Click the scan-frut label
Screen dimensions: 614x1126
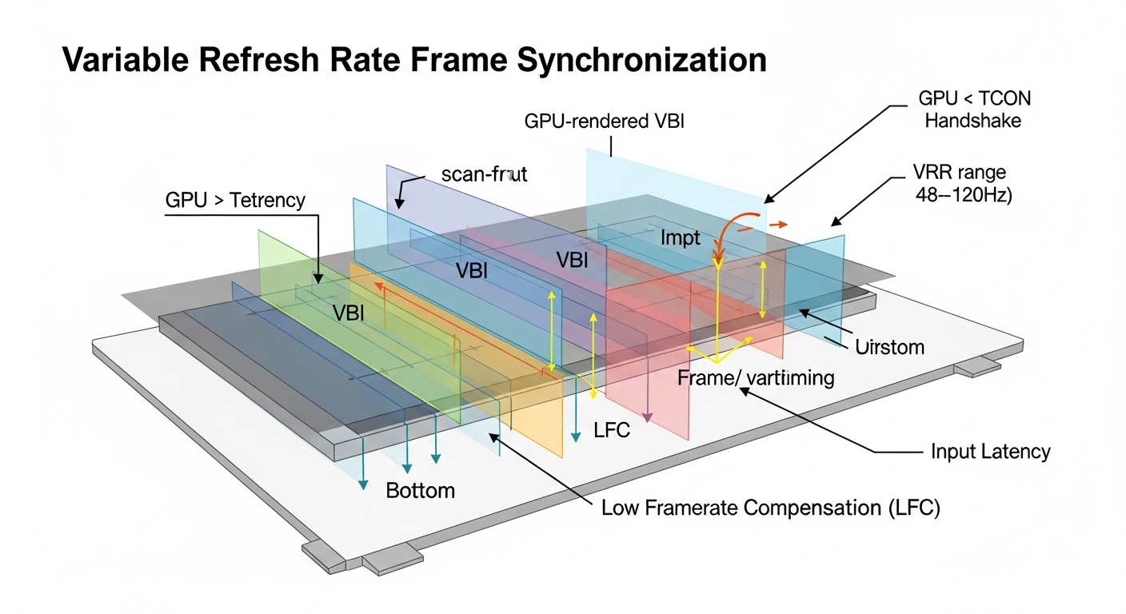coord(484,174)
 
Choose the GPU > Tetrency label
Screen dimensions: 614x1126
coord(235,200)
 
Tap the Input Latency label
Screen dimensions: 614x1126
coord(990,452)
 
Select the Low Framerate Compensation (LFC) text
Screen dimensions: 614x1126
coord(770,508)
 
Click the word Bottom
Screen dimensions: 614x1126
coord(420,490)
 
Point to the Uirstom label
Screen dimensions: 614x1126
coord(889,347)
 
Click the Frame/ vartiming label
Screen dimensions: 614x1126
coord(756,378)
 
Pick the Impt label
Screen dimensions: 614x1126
coord(681,237)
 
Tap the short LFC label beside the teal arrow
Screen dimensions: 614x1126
coord(612,430)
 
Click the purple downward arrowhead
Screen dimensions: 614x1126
coord(648,417)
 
